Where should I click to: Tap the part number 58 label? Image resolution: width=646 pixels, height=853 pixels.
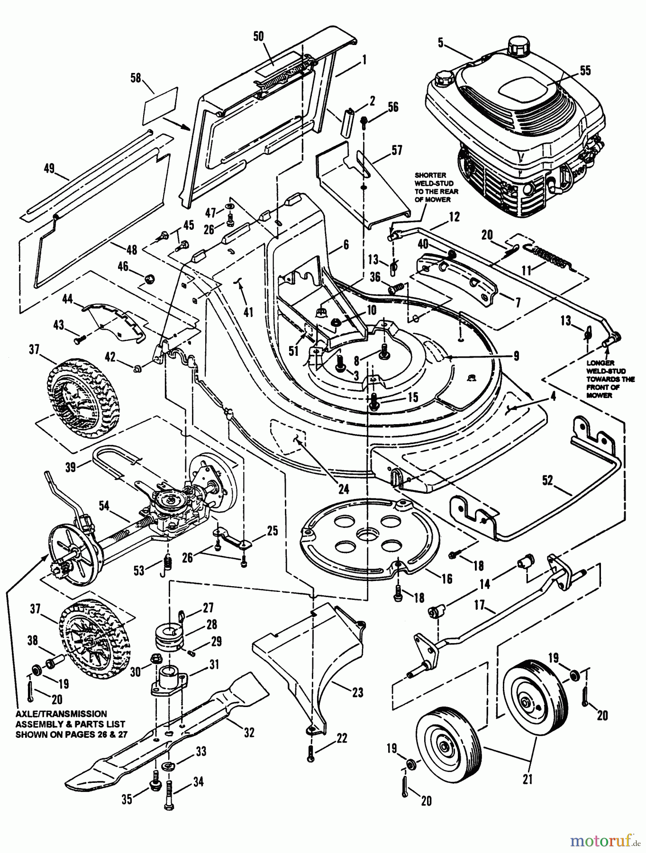136,78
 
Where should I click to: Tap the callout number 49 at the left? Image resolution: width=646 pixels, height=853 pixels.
49,168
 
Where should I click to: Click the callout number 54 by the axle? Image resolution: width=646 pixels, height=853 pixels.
104,506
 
